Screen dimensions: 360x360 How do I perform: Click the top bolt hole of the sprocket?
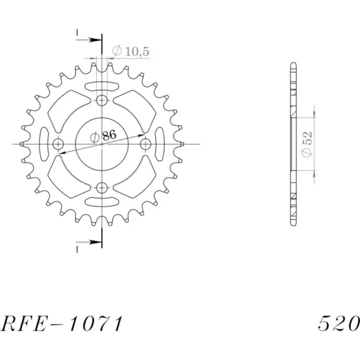[102, 100]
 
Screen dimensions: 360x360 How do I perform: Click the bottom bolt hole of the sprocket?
[102, 188]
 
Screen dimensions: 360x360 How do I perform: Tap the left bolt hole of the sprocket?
[58, 145]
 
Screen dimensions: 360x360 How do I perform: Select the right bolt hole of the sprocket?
[146, 145]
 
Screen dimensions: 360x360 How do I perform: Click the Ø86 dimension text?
[103, 136]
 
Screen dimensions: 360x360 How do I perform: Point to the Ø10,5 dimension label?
[131, 51]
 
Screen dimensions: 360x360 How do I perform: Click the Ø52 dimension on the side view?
[307, 145]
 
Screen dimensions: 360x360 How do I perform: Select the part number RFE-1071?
[62, 323]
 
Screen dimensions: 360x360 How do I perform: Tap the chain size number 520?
[339, 323]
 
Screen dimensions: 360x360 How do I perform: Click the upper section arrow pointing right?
[89, 40]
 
